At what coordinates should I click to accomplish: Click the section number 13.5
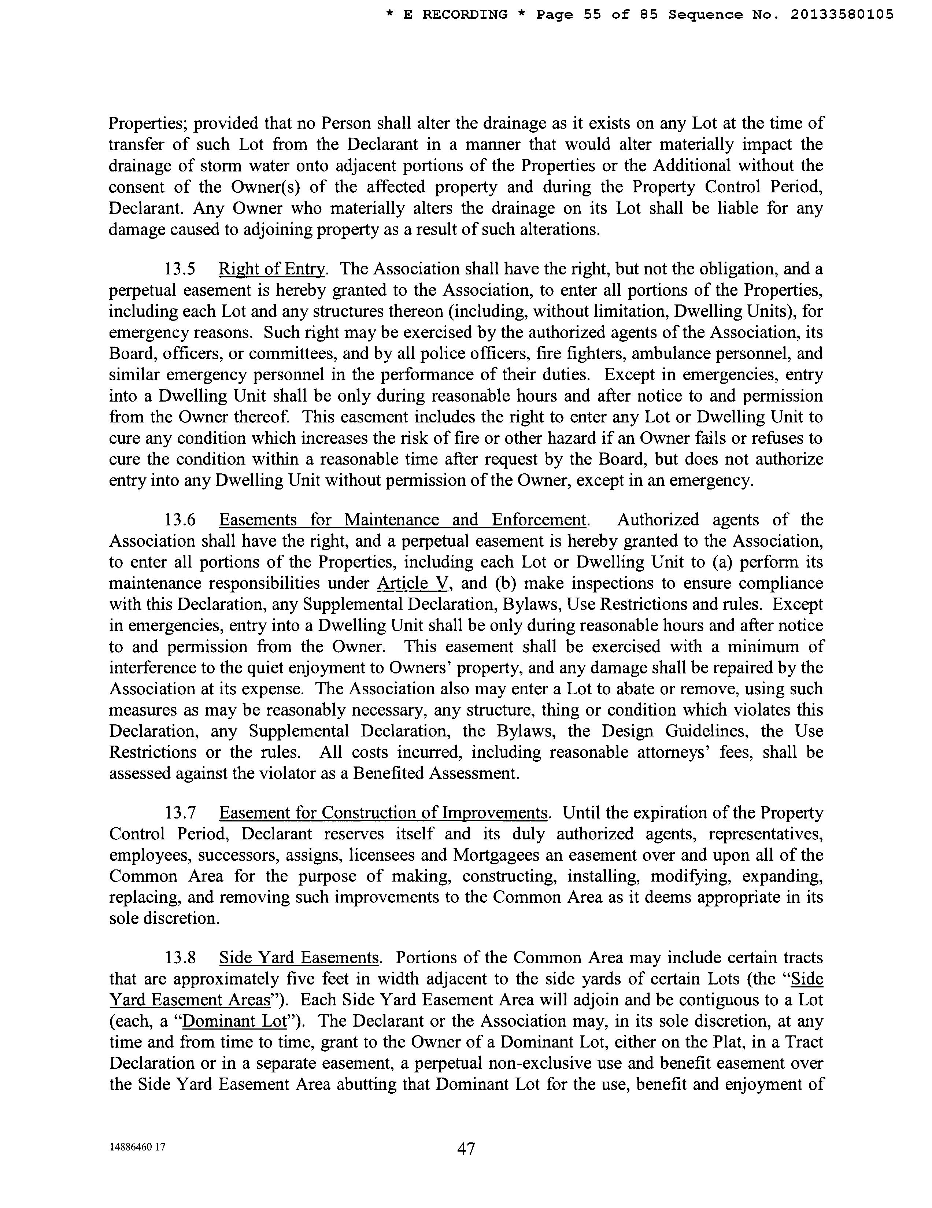tap(180, 269)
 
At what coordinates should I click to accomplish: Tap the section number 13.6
tap(180, 520)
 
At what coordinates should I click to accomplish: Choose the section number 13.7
tap(180, 813)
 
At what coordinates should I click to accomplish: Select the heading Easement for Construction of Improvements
tap(383, 813)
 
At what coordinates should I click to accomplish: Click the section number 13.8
tap(180, 958)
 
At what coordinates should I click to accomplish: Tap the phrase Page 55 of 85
tap(598, 15)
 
